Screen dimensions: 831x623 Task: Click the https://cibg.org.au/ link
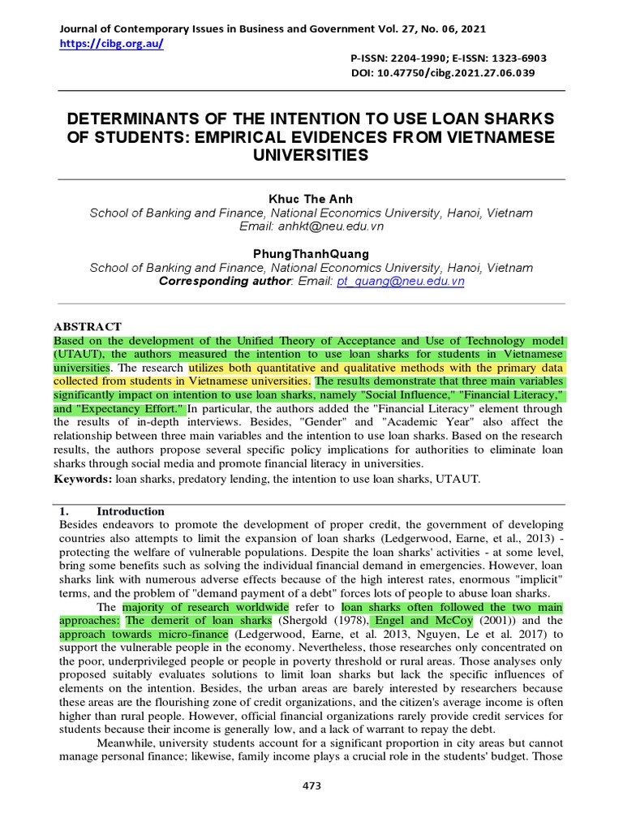[x=112, y=44]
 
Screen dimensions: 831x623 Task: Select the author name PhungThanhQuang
[x=311, y=253]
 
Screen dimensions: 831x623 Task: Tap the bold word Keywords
[x=82, y=480]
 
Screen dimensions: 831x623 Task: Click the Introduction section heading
[x=131, y=511]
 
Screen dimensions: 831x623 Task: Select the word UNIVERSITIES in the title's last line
[x=311, y=154]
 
